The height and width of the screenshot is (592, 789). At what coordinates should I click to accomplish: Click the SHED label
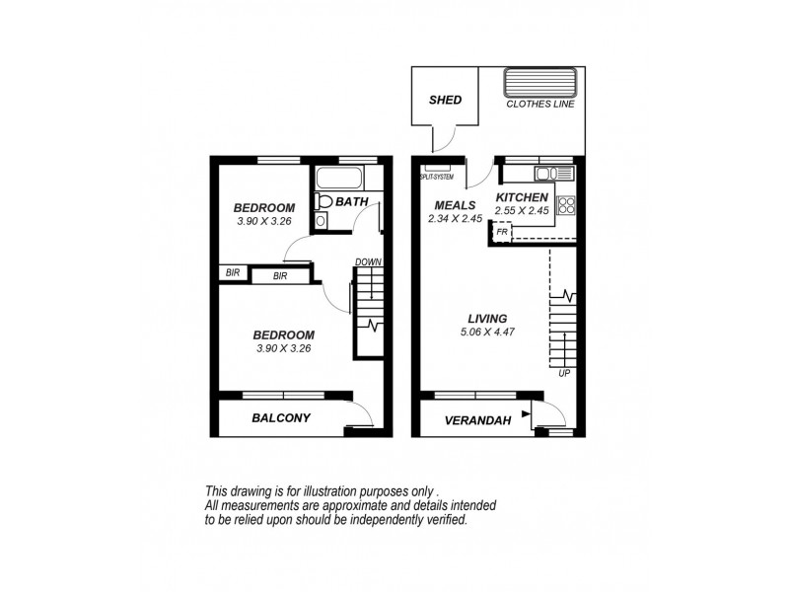coord(446,101)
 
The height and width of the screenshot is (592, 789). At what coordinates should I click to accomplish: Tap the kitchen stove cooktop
coord(566,206)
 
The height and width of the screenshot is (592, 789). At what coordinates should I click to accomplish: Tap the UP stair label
coord(563,375)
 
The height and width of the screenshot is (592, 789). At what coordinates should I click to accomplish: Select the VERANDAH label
coord(477,420)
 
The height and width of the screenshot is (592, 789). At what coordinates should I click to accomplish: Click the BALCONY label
coord(281,418)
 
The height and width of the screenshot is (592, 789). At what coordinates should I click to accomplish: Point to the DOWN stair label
coord(368,262)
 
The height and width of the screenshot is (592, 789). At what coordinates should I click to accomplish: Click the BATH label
coord(351,202)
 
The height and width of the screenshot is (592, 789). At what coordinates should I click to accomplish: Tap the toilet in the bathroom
coord(323,202)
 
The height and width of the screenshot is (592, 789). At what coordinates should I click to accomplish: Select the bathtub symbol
coord(339,180)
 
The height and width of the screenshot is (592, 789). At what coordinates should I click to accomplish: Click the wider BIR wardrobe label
coord(280,276)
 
